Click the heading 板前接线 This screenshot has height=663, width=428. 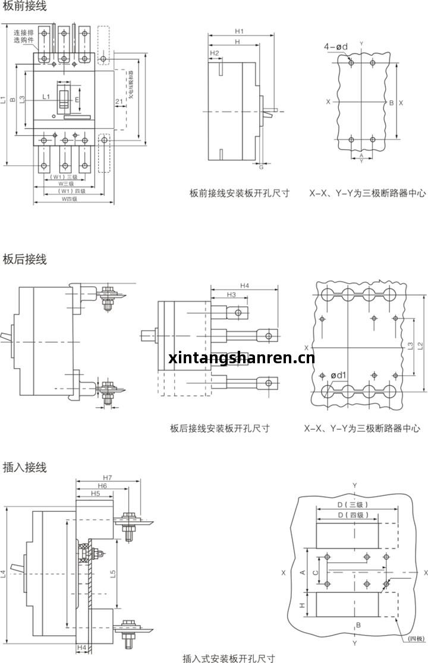tap(24, 7)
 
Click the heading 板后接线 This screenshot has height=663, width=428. tap(24, 259)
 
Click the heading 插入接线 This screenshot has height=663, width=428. tap(24, 467)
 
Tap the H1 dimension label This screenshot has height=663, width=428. tap(238, 31)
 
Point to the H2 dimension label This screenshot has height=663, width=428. tap(215, 53)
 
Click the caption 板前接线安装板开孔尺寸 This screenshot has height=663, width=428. tap(240, 193)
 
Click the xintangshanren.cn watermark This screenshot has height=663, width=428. tap(241, 357)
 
